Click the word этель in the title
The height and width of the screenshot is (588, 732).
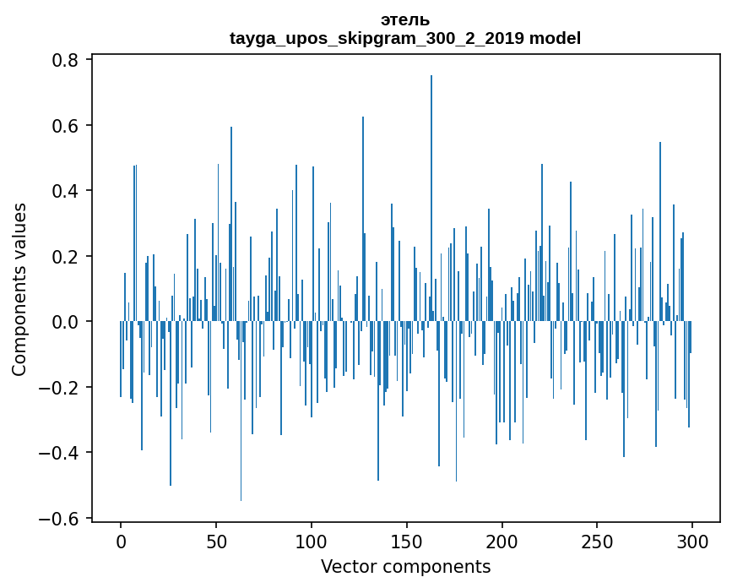405,19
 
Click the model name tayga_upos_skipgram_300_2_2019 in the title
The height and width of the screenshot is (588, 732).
377,38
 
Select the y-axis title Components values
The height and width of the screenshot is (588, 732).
19,289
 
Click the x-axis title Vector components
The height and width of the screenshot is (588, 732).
405,566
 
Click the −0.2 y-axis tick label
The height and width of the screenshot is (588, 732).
61,388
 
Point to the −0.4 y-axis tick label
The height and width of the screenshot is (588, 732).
61,453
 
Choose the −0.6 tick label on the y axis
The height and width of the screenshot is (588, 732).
61,519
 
